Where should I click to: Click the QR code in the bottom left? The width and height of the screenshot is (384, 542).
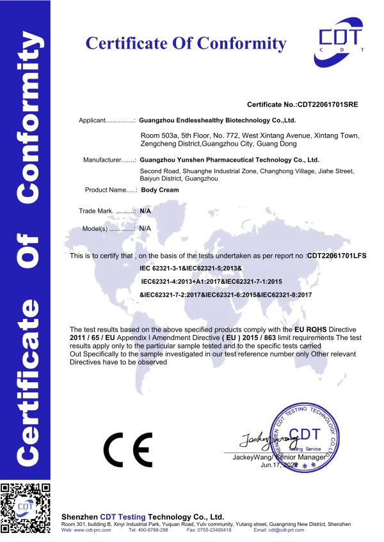coord(26,508)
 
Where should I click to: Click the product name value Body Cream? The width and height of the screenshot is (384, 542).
coord(159,190)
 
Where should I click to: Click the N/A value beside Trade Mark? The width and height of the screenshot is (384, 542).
coord(145,210)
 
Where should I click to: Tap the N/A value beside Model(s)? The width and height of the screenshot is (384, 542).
coord(145,228)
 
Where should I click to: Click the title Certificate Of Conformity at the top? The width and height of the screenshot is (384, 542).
coord(186,43)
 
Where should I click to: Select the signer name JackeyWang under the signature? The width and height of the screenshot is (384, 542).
coord(252,458)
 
